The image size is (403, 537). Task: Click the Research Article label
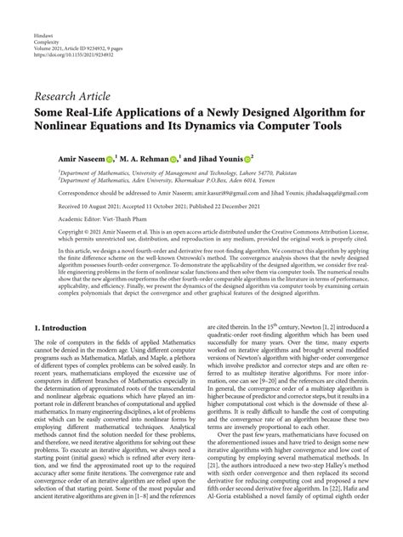74,95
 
